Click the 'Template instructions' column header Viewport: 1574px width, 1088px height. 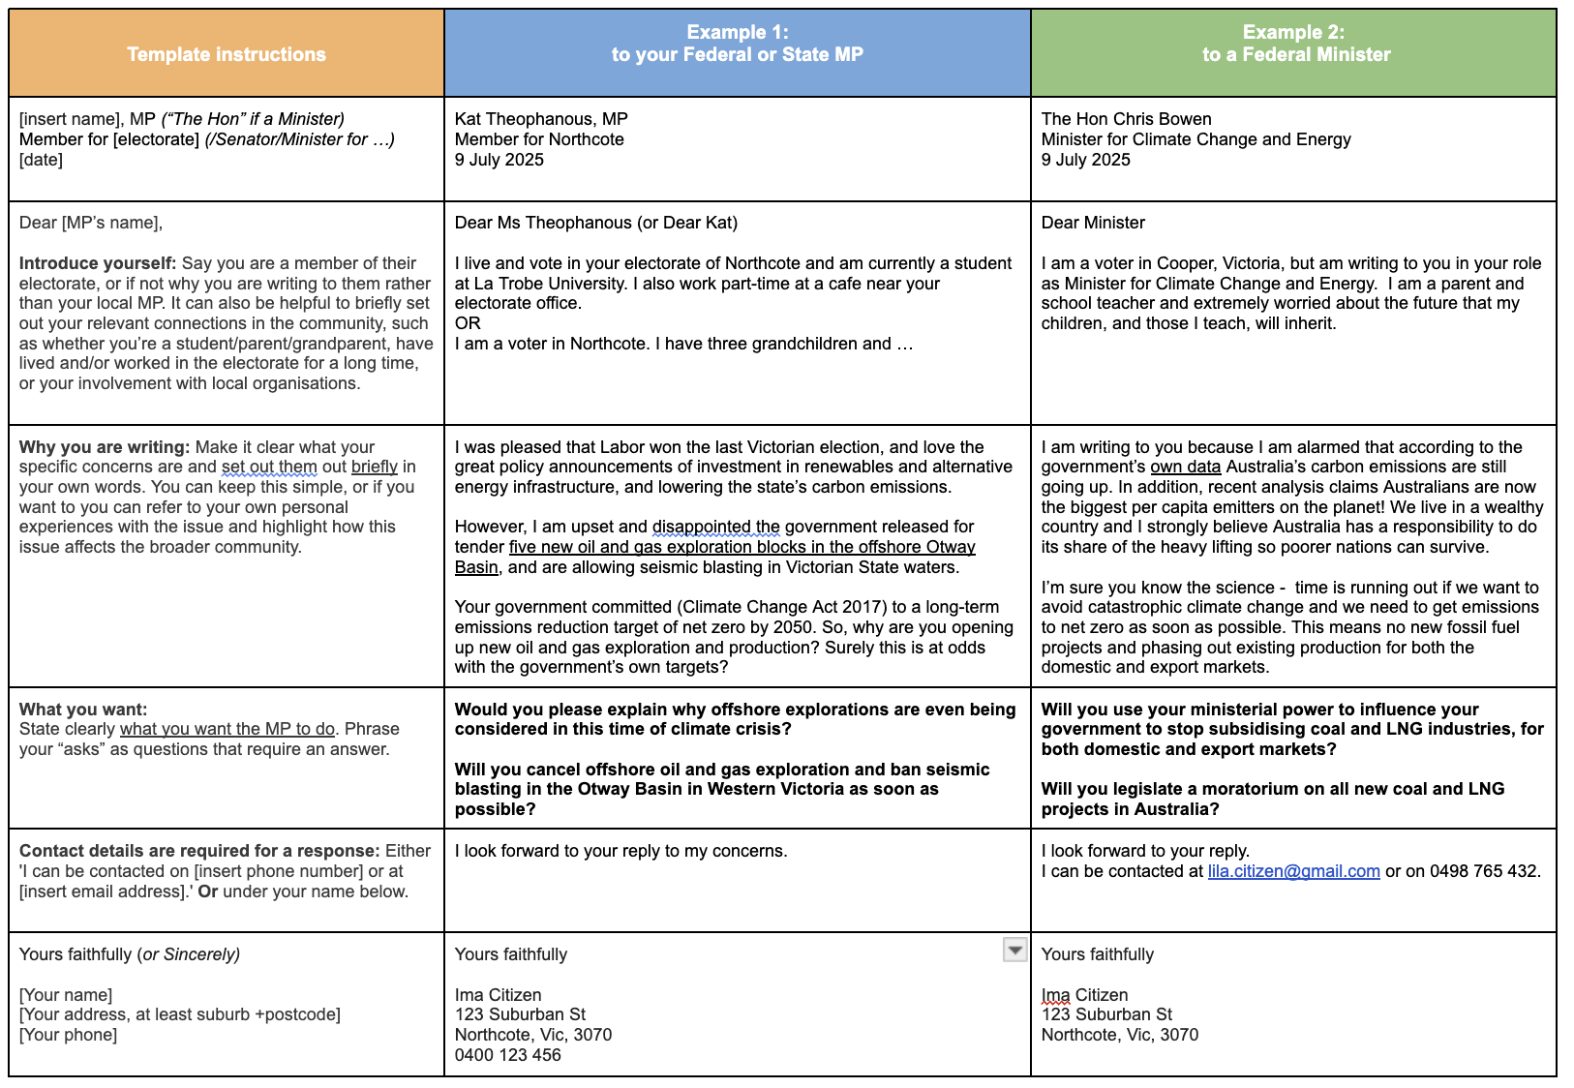point(227,54)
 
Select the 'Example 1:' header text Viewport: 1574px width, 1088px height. point(737,32)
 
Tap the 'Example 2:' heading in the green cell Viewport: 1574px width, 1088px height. point(1293,32)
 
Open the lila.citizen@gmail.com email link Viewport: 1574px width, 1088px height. point(1293,871)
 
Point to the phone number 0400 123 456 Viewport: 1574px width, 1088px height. point(507,1055)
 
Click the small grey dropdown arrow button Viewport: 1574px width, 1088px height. point(1014,951)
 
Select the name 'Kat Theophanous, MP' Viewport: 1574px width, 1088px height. point(541,119)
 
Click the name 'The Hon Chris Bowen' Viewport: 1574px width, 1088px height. point(1126,119)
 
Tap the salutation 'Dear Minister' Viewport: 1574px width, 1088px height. point(1093,223)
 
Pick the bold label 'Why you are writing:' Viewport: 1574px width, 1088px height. point(105,447)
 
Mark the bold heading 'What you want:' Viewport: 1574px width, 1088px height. point(83,710)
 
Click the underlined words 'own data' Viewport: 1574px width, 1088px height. point(1185,467)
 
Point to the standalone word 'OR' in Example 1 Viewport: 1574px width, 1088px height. point(468,323)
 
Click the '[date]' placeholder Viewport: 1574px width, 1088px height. point(41,160)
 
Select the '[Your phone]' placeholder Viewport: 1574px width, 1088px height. point(68,1035)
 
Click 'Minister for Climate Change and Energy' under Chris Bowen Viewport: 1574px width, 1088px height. point(1196,139)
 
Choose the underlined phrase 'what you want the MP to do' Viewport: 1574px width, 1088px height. point(227,729)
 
